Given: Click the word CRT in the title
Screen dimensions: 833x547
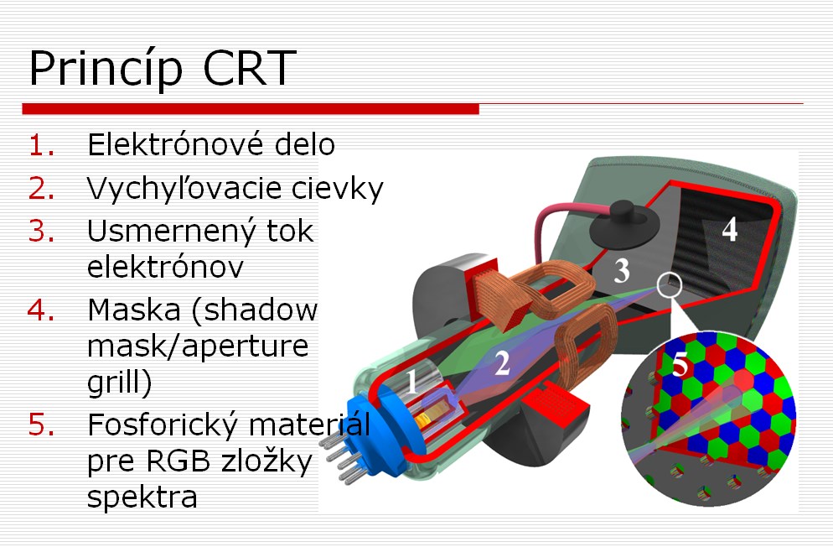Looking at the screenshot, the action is pos(249,67).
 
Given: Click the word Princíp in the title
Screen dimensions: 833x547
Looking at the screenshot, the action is pos(106,69).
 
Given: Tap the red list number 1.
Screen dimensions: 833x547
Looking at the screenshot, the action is pos(41,145).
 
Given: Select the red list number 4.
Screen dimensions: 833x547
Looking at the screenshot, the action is pos(41,310).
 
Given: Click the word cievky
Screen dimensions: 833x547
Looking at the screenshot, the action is pos(338,188).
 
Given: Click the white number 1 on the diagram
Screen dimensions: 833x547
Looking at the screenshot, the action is pos(412,382).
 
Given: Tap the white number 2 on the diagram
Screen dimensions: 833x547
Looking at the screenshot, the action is pos(502,363).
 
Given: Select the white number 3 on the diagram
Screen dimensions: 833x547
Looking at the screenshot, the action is pos(622,270).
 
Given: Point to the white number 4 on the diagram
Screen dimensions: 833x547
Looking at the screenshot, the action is pos(730,230).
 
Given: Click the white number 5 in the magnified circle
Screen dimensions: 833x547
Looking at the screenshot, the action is pos(680,365).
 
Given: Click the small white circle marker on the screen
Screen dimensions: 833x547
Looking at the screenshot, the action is pos(670,284).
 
